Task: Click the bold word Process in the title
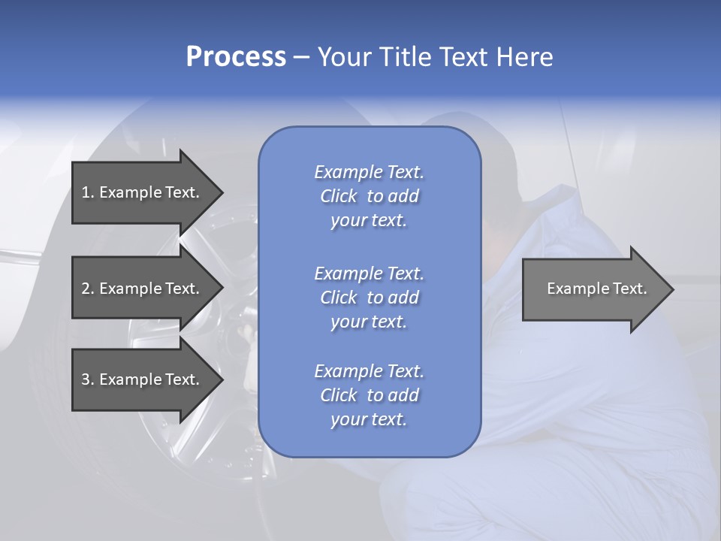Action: click(x=236, y=57)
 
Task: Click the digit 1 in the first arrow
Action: click(x=86, y=192)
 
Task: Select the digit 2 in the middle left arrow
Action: click(x=86, y=289)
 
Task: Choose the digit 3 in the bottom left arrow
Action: click(x=86, y=379)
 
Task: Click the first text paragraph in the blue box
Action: click(x=369, y=196)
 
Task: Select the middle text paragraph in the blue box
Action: click(x=369, y=298)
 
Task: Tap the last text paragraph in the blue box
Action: click(x=369, y=395)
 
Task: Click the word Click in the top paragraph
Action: click(x=339, y=196)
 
